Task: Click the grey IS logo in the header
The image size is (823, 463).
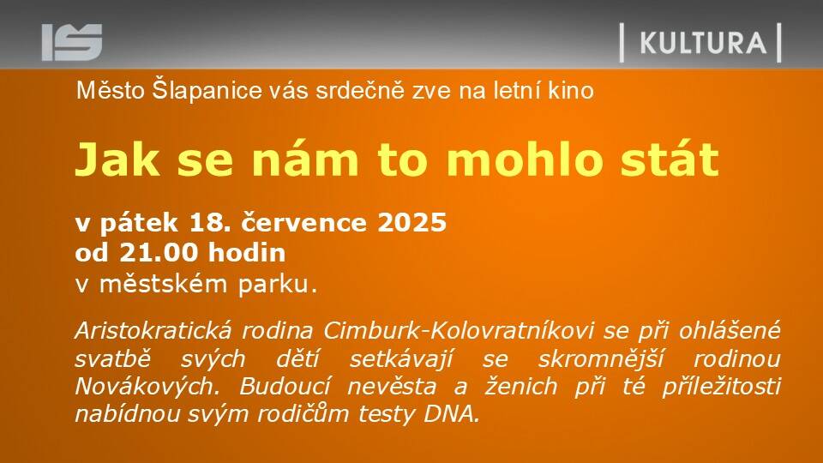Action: (72, 42)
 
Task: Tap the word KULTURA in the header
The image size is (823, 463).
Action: (703, 43)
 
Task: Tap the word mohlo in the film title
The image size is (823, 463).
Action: (524, 159)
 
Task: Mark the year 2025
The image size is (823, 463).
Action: (412, 223)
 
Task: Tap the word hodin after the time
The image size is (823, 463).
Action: (247, 253)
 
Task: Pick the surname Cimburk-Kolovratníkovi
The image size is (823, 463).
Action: (458, 331)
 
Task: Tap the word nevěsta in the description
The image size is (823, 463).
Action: (392, 387)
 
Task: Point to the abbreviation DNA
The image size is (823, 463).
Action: (452, 415)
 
